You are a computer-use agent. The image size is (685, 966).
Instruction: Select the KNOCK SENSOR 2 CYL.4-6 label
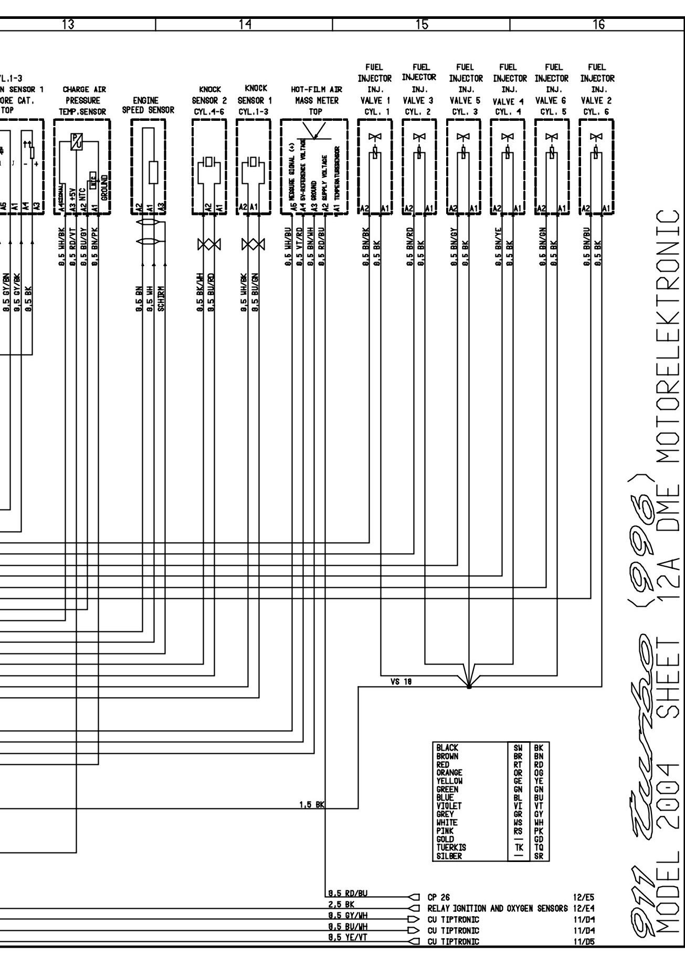click(209, 100)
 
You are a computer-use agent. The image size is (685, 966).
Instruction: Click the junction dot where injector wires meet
click(469, 686)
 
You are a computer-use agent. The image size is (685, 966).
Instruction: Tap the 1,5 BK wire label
click(312, 804)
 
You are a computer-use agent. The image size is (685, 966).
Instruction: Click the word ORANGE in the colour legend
click(449, 773)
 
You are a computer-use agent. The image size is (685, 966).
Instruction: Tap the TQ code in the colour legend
click(538, 848)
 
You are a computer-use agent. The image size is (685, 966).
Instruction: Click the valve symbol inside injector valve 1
click(374, 137)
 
